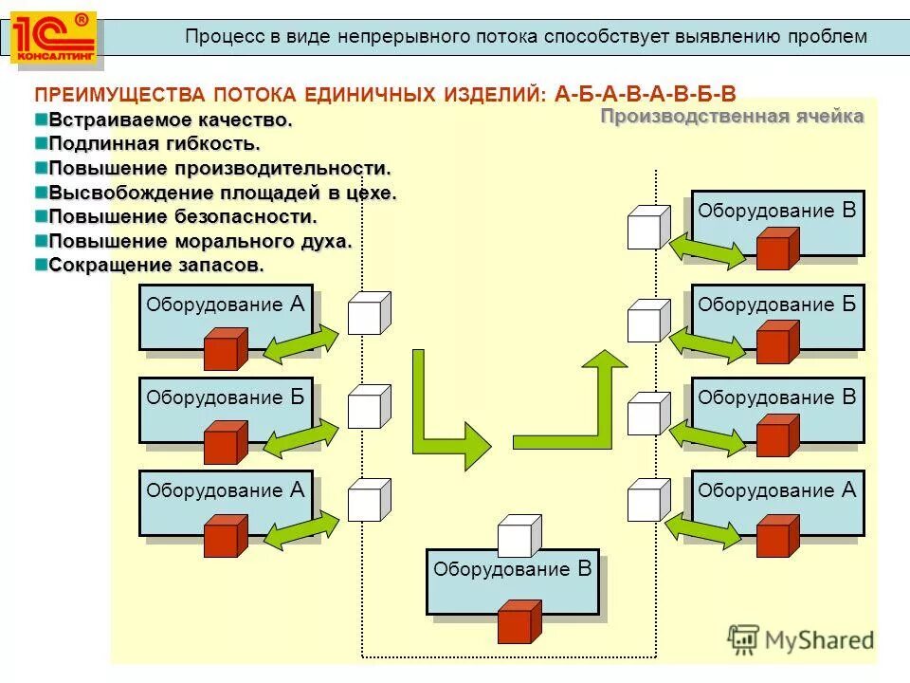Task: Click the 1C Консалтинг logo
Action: pyautogui.click(x=53, y=38)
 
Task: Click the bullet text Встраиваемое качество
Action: pyautogui.click(x=170, y=120)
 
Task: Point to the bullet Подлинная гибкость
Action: pyautogui.click(x=154, y=144)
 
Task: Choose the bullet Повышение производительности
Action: pyautogui.click(x=219, y=168)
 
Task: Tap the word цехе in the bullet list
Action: pyautogui.click(x=373, y=193)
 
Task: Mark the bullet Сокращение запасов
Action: pyautogui.click(x=156, y=265)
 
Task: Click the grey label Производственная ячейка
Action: pyautogui.click(x=732, y=117)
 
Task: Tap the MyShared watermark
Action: pyautogui.click(x=801, y=638)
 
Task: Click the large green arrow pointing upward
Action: pyautogui.click(x=577, y=399)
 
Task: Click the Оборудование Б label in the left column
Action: pyautogui.click(x=226, y=397)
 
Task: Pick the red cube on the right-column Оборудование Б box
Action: pyautogui.click(x=778, y=342)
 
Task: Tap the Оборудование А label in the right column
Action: pyautogui.click(x=776, y=490)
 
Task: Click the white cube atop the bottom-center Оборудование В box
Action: pyautogui.click(x=519, y=536)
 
